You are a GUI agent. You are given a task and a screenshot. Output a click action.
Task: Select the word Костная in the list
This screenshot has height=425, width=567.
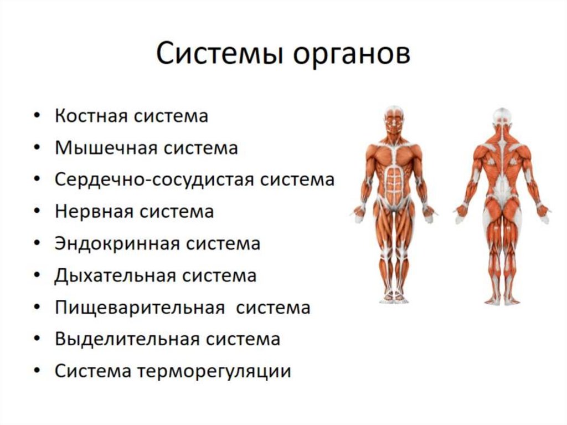pos(91,117)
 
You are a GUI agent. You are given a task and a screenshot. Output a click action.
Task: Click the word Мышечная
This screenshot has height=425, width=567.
pos(102,149)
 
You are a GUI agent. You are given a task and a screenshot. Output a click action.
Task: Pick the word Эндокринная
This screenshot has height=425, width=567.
pos(114,244)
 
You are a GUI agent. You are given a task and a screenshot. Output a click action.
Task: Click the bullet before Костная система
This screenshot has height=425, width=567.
pos(37,117)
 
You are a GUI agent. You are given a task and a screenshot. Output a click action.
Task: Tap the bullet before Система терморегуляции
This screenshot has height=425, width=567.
pos(37,371)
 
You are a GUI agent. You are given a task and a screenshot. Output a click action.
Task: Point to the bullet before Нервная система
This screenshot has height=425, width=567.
pos(37,212)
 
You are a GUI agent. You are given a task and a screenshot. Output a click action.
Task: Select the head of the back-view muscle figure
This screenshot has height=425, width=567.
pos(502,117)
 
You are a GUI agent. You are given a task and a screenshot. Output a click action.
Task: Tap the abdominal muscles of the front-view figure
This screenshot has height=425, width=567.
pos(394,180)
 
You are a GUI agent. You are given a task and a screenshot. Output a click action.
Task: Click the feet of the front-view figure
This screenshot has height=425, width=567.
pos(394,299)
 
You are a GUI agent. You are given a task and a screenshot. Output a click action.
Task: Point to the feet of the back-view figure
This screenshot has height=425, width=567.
pos(502,301)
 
